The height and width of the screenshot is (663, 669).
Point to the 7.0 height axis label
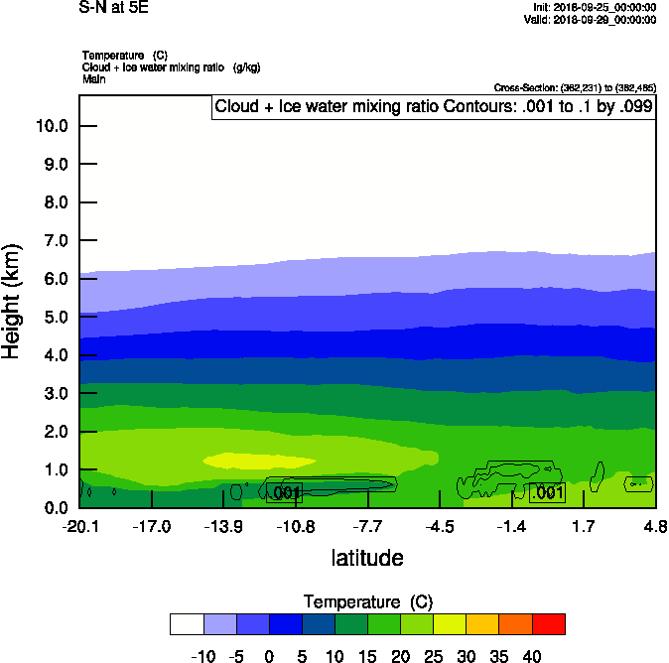click(x=54, y=241)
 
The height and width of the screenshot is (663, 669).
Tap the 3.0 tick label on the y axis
click(x=54, y=394)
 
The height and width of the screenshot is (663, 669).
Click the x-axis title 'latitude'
click(x=367, y=558)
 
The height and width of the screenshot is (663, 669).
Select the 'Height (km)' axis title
click(x=13, y=301)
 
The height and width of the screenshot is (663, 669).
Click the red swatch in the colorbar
click(x=549, y=623)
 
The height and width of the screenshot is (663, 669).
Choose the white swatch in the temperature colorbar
click(x=187, y=623)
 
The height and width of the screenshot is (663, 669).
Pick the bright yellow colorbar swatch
click(x=450, y=623)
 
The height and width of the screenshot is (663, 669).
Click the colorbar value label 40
click(x=532, y=656)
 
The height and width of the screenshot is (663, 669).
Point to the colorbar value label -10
click(x=202, y=656)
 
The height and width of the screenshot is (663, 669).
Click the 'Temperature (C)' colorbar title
click(x=368, y=602)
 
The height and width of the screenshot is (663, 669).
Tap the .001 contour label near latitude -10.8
click(x=285, y=492)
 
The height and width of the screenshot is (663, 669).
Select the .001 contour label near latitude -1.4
click(x=547, y=492)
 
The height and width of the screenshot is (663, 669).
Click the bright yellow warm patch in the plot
click(x=258, y=460)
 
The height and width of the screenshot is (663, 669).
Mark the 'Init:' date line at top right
click(x=594, y=7)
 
